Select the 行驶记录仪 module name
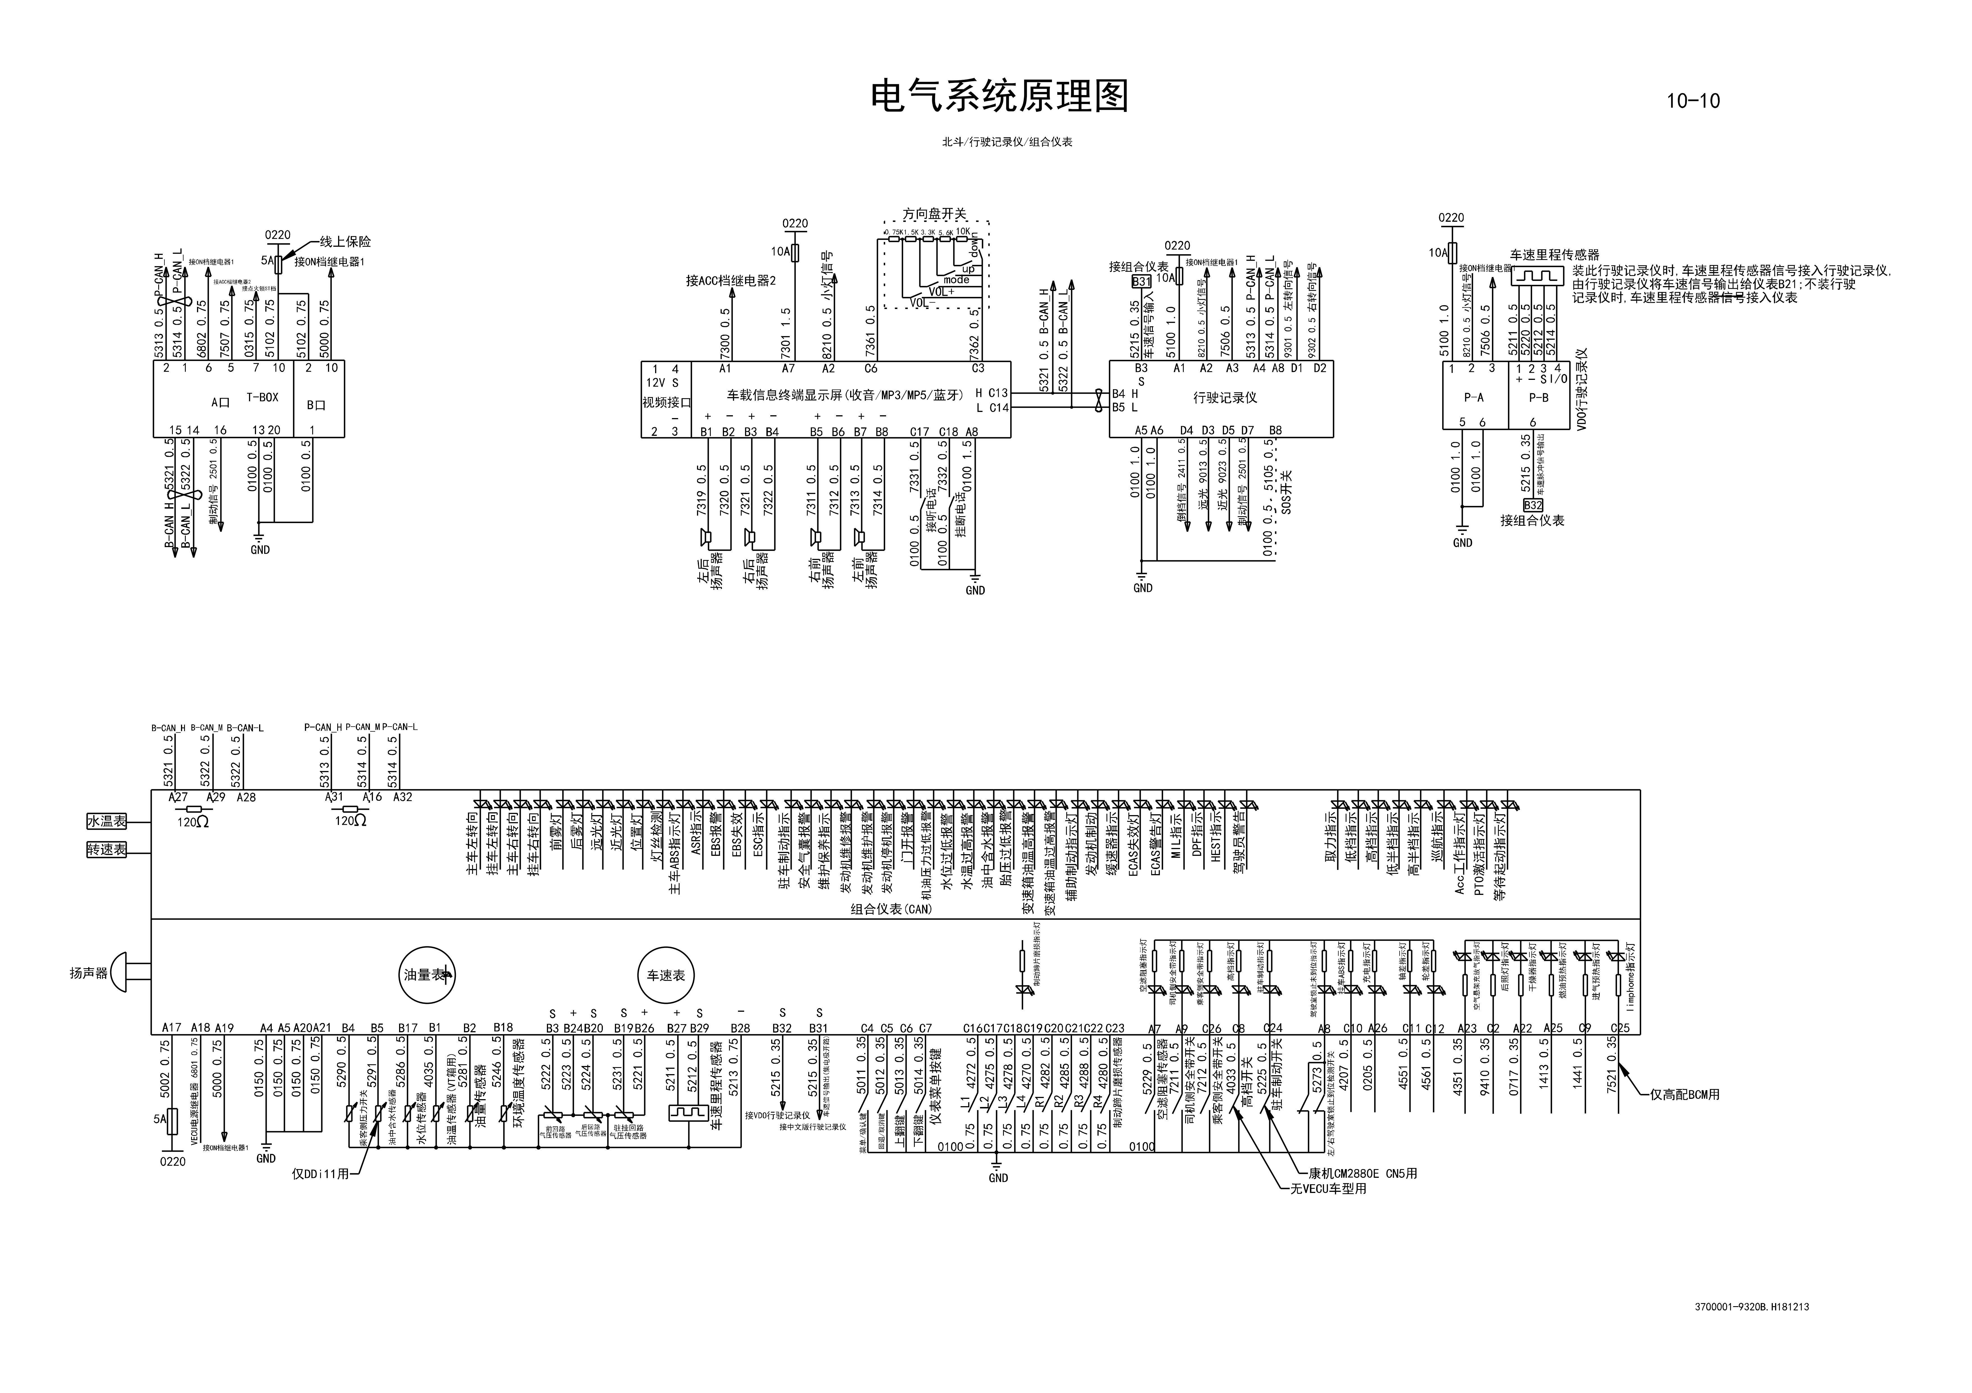click(x=1225, y=398)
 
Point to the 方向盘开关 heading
click(x=934, y=214)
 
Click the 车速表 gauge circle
click(x=666, y=975)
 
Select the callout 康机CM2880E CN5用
click(x=1362, y=1173)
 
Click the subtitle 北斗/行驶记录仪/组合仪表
click(x=1007, y=142)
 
